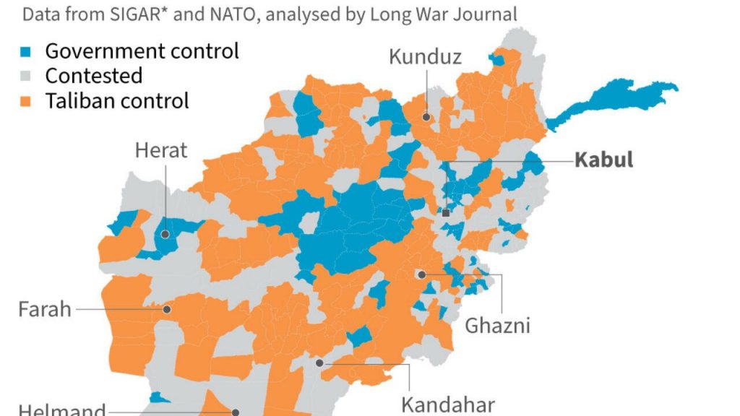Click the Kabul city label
[603, 160]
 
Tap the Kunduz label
[425, 57]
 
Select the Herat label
[160, 150]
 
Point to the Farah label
[45, 310]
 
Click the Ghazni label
[497, 325]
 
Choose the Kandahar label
[448, 403]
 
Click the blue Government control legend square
[27, 52]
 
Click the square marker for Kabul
[446, 213]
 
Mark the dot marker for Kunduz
[426, 116]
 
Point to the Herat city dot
[165, 234]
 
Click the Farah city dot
[166, 309]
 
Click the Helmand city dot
[236, 412]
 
